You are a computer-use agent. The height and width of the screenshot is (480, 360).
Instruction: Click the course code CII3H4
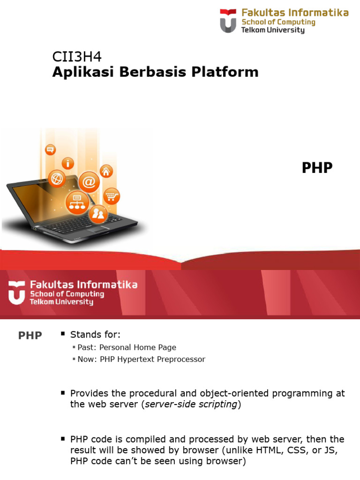pos(76,57)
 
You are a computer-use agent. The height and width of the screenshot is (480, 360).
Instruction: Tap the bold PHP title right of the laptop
pos(317,168)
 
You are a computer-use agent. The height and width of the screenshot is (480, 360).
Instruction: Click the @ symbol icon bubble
pos(89,181)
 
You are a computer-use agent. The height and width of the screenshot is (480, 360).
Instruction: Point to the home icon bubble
pos(106,171)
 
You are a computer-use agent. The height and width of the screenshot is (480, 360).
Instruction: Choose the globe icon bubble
pos(57,178)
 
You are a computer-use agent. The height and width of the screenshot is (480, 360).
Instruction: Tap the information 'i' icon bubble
pos(68,163)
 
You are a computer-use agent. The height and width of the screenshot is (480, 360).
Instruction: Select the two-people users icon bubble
pos(98,214)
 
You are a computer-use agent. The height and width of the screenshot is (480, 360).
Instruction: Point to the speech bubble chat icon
pos(50,150)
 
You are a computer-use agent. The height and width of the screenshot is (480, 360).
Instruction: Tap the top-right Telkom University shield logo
pos(228,21)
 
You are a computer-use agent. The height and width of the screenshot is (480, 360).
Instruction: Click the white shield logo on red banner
pos(16,293)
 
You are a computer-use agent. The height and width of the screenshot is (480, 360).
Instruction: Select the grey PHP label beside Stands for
pos(30,336)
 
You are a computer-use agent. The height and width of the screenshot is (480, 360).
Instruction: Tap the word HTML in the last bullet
pos(271,450)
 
